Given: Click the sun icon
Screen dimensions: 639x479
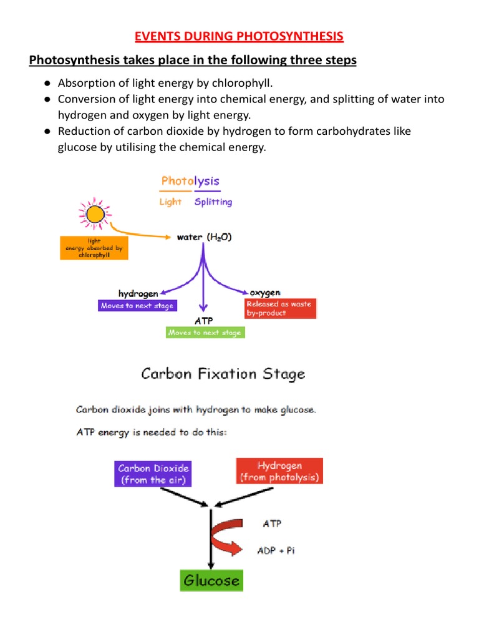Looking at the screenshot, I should (x=95, y=215).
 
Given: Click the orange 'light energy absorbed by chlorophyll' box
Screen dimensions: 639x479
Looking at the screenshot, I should (x=94, y=248).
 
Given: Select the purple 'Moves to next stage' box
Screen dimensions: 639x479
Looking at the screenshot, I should (x=137, y=306).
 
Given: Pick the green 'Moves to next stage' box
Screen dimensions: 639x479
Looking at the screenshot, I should (x=205, y=333).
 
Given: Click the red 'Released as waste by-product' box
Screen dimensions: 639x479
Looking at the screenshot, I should (x=280, y=308).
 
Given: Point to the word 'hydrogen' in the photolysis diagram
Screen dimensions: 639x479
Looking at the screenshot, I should (x=138, y=293).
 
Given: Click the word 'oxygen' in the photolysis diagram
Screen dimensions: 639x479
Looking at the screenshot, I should (x=265, y=292).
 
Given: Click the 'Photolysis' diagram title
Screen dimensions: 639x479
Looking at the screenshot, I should (x=190, y=181).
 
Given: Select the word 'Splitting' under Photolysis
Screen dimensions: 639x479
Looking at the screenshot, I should (x=213, y=202).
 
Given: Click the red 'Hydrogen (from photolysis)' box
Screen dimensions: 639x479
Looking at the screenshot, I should (x=279, y=471).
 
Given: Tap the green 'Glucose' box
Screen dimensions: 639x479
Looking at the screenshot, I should (x=211, y=580).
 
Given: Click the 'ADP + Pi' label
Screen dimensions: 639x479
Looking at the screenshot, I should (x=276, y=551).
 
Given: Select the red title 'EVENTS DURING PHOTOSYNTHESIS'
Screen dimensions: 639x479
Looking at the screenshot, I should (x=239, y=36).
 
